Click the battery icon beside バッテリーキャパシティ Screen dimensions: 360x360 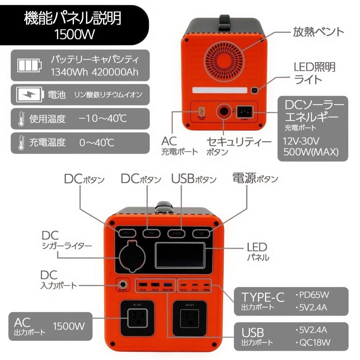(30, 65)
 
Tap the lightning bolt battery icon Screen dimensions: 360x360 (30, 95)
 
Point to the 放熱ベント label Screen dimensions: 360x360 (318, 32)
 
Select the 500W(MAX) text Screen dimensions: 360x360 (311, 152)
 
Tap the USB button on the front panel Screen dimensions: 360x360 (176, 233)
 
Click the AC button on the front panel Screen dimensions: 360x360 (151, 233)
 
